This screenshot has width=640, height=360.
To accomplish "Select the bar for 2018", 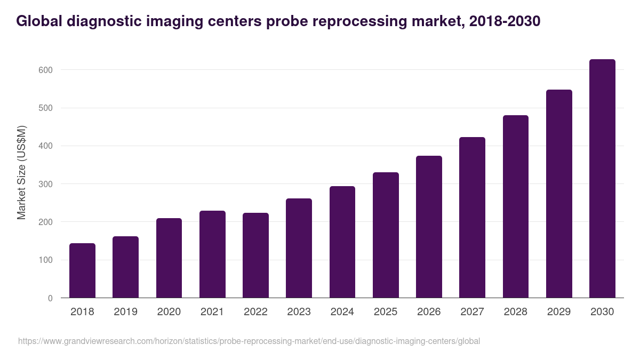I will click(x=82, y=270).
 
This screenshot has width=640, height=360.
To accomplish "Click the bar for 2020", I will click(x=169, y=258).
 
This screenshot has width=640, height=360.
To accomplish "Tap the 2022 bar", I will click(x=255, y=255).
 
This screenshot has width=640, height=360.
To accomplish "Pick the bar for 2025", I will click(x=386, y=235).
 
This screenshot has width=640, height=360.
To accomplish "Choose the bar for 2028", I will click(x=516, y=206).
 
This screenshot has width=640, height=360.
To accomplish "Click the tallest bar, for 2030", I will click(x=602, y=179).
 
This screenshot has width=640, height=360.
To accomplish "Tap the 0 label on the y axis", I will click(x=50, y=298).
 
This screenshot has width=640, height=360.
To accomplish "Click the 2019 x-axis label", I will click(x=125, y=312).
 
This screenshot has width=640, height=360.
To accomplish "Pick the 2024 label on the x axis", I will click(x=342, y=312).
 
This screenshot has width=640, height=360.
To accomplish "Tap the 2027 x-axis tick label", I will click(x=472, y=312).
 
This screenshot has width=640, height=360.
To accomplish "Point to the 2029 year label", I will click(x=559, y=312).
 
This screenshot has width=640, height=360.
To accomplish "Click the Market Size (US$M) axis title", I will click(x=21, y=173).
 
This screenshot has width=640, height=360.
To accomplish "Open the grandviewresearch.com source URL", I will click(x=249, y=341).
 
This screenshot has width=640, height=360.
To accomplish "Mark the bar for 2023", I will click(x=299, y=248).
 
